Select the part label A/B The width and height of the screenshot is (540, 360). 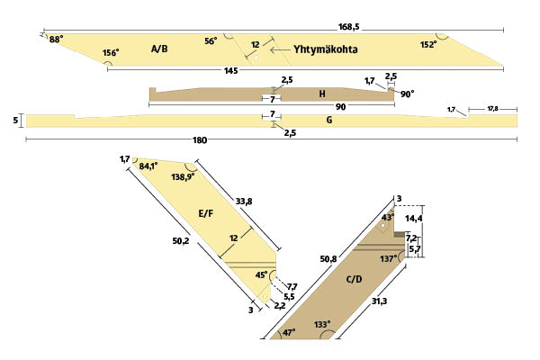pyautogui.click(x=159, y=49)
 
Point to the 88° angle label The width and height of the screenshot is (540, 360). pyautogui.click(x=56, y=40)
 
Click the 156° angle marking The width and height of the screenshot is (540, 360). pyautogui.click(x=111, y=53)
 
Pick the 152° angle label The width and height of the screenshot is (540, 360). pyautogui.click(x=428, y=43)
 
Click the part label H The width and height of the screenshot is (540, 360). pyautogui.click(x=321, y=94)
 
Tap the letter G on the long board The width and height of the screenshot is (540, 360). pyautogui.click(x=329, y=120)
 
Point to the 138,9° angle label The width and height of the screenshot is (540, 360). pyautogui.click(x=182, y=177)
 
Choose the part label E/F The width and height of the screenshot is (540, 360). pyautogui.click(x=206, y=213)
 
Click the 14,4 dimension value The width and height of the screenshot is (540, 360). pyautogui.click(x=414, y=219)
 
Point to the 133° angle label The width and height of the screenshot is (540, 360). pyautogui.click(x=321, y=324)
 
